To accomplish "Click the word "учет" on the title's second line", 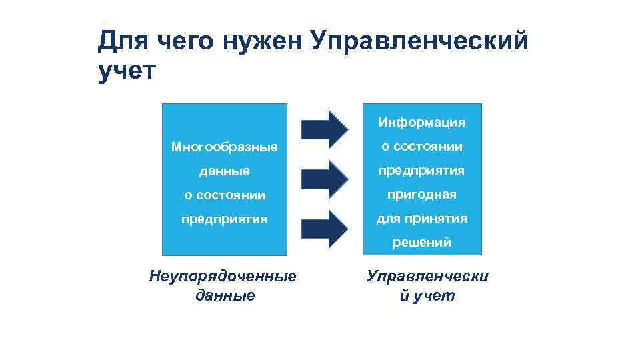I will click(126, 70).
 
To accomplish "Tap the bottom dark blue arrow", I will click(324, 229).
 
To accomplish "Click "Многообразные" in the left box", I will click(224, 147).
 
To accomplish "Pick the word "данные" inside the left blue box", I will click(224, 171).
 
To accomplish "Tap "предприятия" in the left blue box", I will click(224, 219).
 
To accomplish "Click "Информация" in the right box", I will click(421, 123).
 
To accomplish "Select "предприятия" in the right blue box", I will click(421, 171).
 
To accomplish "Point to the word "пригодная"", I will click(421, 195).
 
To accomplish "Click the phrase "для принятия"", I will click(421, 219).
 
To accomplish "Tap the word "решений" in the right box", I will click(421, 243).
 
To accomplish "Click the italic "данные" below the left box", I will click(225, 295).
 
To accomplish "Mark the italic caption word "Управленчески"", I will click(427, 276).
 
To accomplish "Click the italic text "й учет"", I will click(427, 295).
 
